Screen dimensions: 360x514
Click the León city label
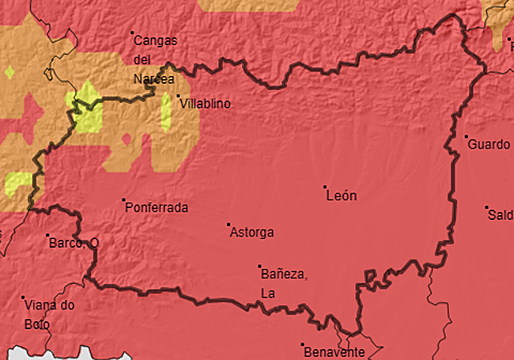coord(342,196)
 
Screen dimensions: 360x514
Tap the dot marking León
coord(325,187)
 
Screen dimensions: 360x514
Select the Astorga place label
coord(251,233)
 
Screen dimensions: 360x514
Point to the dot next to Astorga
coord(229,224)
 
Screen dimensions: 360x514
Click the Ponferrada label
coord(157,208)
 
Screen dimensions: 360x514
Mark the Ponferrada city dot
coord(124,199)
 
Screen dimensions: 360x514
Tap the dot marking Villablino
coord(179,97)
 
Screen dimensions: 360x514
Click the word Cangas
coord(155,40)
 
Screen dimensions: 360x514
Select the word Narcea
coord(153,78)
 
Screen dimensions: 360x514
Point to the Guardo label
coord(489,145)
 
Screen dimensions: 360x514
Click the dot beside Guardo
coord(467,137)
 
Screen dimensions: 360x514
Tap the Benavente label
coord(333,352)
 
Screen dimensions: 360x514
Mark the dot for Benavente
coord(303,345)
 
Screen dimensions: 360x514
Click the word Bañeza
coord(283,275)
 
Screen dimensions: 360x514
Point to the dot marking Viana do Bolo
coord(23,297)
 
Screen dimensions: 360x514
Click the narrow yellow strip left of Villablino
coord(166,112)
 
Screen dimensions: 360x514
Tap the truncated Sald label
coord(500,215)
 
